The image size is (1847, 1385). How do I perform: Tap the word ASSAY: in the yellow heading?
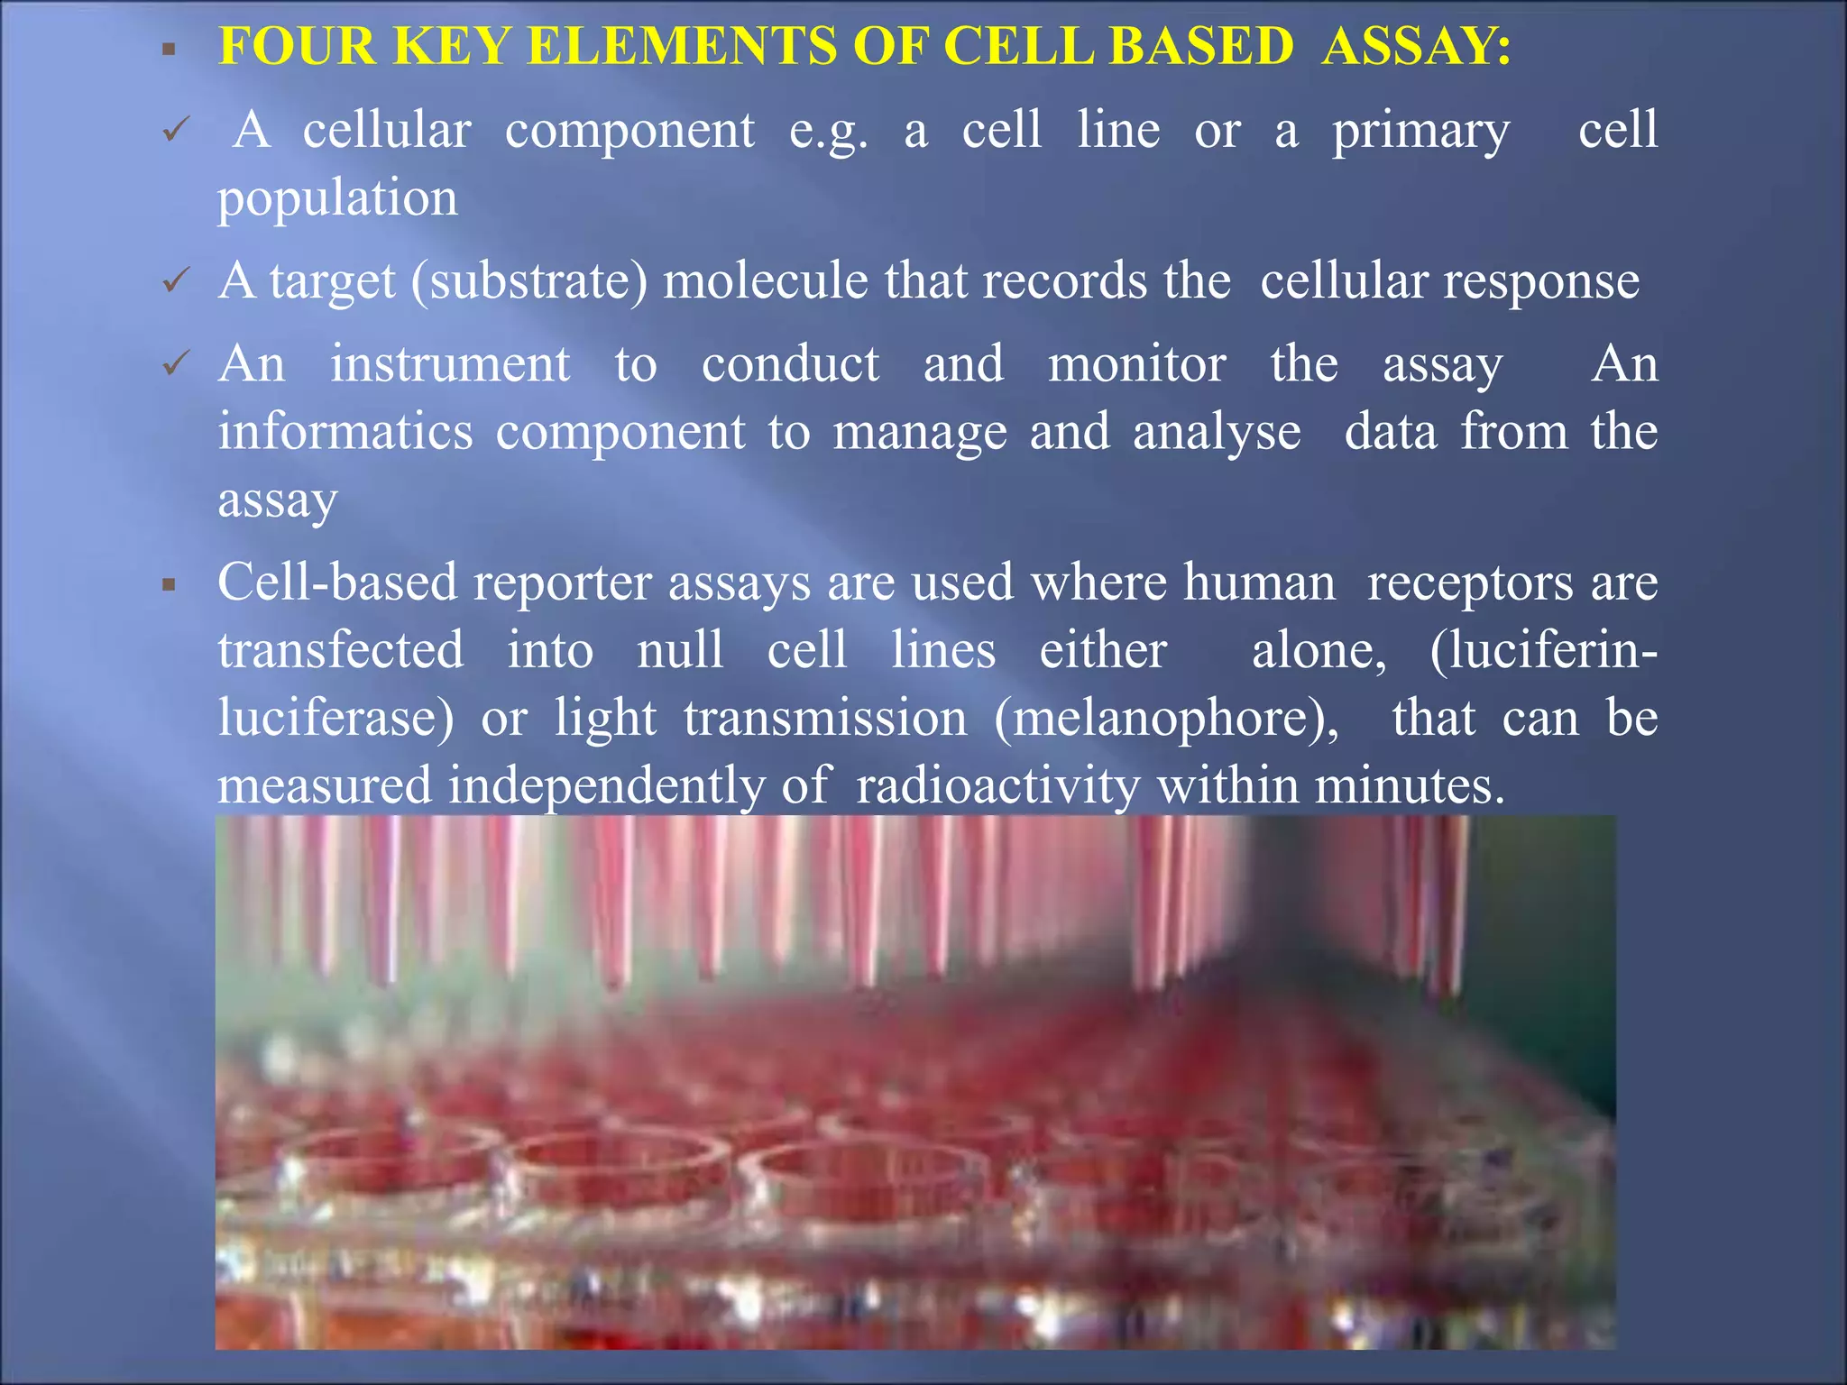click(x=1416, y=47)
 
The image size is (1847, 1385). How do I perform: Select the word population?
click(x=337, y=198)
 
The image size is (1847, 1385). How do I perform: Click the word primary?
click(x=1420, y=132)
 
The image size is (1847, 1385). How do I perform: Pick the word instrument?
click(x=449, y=364)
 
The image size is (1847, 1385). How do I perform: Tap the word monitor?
click(x=1136, y=364)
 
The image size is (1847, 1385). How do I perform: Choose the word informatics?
click(x=345, y=432)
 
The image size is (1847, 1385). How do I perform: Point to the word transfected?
click(x=341, y=650)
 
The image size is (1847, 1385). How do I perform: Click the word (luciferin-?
click(x=1543, y=650)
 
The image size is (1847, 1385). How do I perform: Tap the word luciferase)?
click(x=335, y=719)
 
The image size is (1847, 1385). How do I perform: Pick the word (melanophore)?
click(x=1166, y=719)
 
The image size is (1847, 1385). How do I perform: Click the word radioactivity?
click(x=998, y=785)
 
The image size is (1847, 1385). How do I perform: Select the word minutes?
click(x=1410, y=785)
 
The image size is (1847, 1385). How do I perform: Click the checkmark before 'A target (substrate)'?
click(x=174, y=281)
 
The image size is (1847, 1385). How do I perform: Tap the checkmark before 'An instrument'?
click(x=174, y=364)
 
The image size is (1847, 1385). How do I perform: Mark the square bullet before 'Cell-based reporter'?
click(x=169, y=585)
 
